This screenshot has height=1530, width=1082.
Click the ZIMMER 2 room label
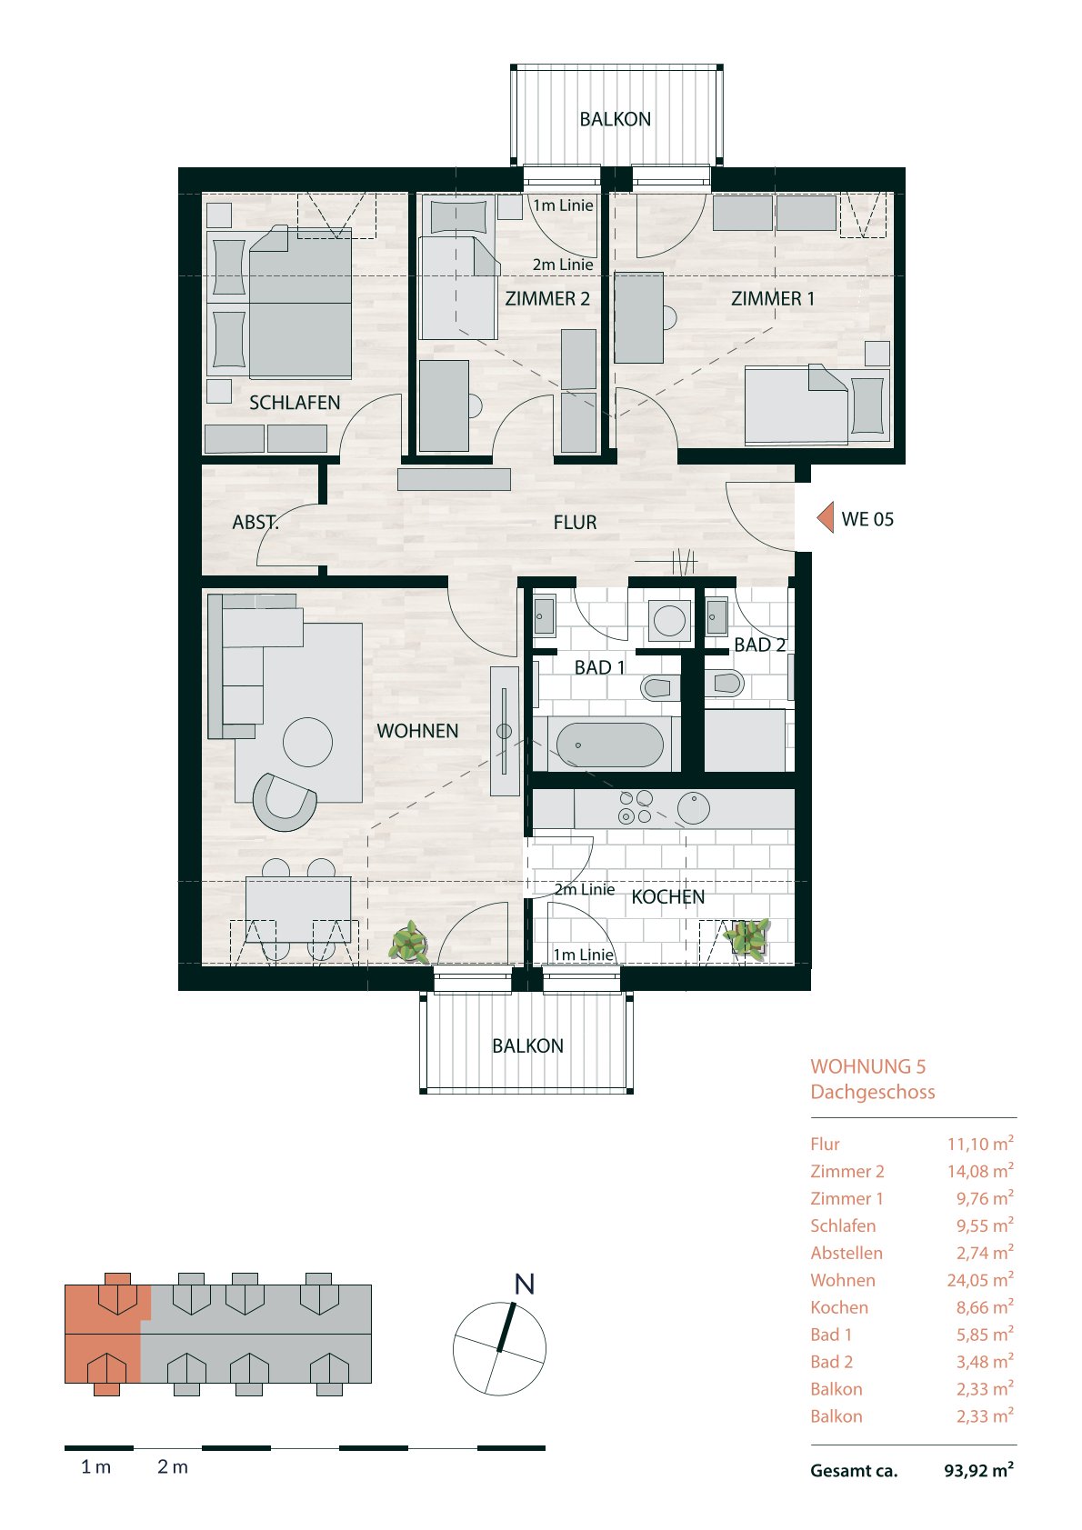point(547,298)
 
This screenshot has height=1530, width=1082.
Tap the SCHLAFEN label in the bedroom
point(295,403)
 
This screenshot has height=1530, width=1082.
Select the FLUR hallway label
point(576,523)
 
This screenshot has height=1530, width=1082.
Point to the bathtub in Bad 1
point(609,745)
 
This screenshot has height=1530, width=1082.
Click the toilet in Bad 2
point(726,683)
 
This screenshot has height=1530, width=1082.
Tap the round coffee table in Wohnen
point(307,742)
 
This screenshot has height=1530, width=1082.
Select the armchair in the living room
point(284,802)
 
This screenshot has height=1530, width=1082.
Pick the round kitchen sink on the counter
point(694,809)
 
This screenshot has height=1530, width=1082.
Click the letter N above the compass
point(524,1285)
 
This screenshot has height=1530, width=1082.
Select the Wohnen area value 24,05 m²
point(979,1280)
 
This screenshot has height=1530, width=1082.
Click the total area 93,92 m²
point(978,1471)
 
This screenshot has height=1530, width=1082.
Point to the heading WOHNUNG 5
point(867,1066)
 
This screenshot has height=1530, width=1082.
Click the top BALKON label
point(615,119)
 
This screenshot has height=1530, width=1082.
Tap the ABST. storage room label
point(255,523)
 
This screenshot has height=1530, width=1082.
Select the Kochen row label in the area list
point(839,1307)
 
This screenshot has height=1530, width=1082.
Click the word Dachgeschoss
point(872,1092)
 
